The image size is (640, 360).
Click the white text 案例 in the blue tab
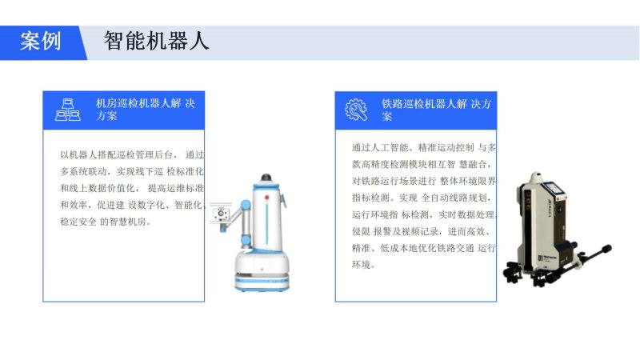pyautogui.click(x=41, y=42)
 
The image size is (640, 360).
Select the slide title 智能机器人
pyautogui.click(x=156, y=41)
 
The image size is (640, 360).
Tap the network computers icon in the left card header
pyautogui.click(x=68, y=110)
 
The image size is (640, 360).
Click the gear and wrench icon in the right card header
pyautogui.click(x=356, y=110)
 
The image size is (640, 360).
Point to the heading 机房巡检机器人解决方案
pyautogui.click(x=146, y=110)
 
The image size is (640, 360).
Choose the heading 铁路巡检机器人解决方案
pyautogui.click(x=436, y=110)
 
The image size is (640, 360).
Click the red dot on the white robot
pyautogui.click(x=267, y=198)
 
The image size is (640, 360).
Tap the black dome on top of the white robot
pyautogui.click(x=266, y=178)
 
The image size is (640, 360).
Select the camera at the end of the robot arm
pyautogui.click(x=221, y=213)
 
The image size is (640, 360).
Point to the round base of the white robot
pyautogui.click(x=262, y=272)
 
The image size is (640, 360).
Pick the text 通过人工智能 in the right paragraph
pyautogui.click(x=380, y=148)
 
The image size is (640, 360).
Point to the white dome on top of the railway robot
pyautogui.click(x=535, y=178)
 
